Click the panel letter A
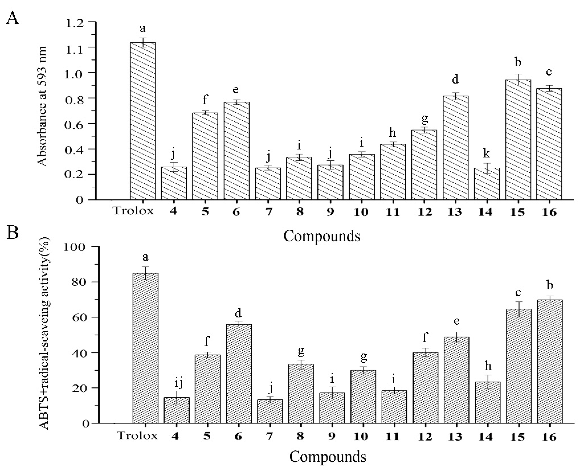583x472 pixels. [x=13, y=18]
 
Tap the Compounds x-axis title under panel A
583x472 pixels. [x=322, y=236]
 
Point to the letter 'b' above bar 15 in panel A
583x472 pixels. [x=518, y=63]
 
